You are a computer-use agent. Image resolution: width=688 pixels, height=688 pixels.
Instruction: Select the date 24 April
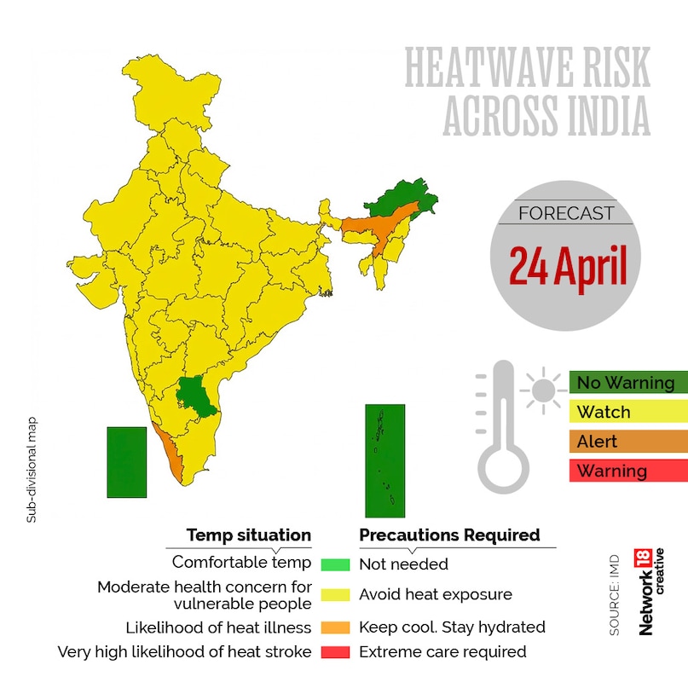pos(568,267)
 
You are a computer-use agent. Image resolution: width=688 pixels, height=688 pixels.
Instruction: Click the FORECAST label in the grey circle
pos(566,213)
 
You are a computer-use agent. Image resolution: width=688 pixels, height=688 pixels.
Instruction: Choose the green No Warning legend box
pos(627,383)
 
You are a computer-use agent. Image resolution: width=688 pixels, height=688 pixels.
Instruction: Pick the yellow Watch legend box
pos(627,413)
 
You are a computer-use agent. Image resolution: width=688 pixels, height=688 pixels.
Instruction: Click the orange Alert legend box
pos(627,442)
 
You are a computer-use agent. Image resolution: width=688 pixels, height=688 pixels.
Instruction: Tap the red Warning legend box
pos(627,471)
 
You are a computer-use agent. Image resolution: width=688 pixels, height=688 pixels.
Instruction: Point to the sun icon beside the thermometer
pos(541,391)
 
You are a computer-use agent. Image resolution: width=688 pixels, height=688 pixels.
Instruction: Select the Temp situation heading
pos(249,535)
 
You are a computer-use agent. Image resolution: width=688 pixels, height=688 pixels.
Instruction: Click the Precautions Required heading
pos(449,535)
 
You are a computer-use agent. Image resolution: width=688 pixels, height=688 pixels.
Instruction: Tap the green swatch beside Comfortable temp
pos(335,564)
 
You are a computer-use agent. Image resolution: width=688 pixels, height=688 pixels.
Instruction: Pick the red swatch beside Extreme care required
pos(335,652)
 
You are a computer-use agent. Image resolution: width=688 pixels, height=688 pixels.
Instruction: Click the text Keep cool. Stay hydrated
pos(452,627)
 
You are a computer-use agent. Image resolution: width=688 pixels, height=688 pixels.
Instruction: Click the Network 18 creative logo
pos(651,592)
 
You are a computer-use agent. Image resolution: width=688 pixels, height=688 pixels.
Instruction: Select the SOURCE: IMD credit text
pos(615,596)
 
